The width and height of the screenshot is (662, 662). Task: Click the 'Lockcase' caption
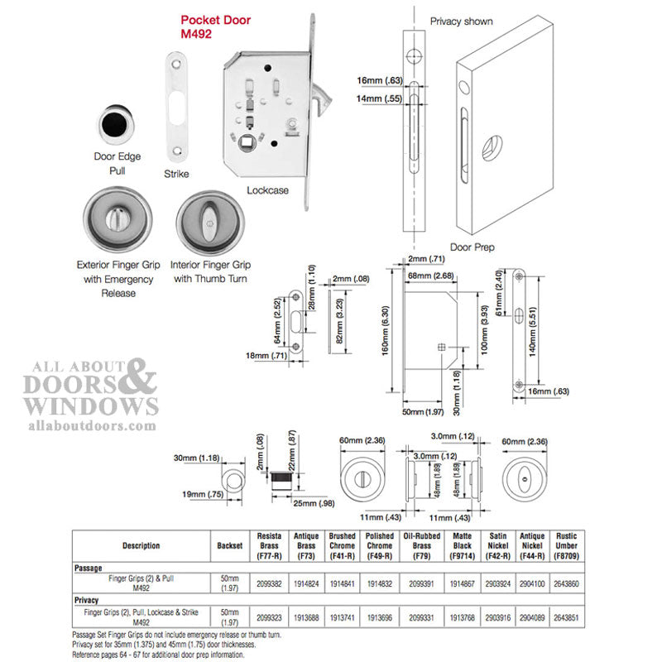tap(267, 190)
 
